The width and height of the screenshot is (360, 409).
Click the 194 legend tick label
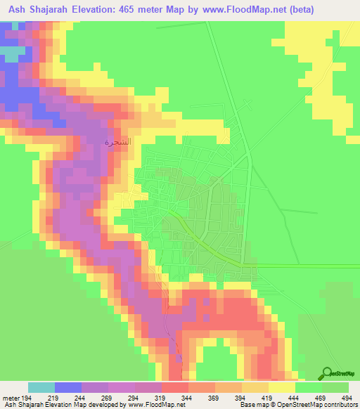click(x=28, y=397)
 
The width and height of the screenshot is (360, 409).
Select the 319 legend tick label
click(x=161, y=397)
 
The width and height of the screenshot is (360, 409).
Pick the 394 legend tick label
click(x=241, y=397)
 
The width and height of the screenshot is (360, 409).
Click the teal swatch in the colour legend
click(x=41, y=387)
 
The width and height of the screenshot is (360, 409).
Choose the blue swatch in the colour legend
click(x=68, y=387)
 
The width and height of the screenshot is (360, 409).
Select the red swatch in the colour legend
click(x=174, y=387)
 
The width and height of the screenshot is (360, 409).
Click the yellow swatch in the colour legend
click(x=281, y=387)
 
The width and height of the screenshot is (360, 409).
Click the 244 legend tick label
click(x=82, y=397)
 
